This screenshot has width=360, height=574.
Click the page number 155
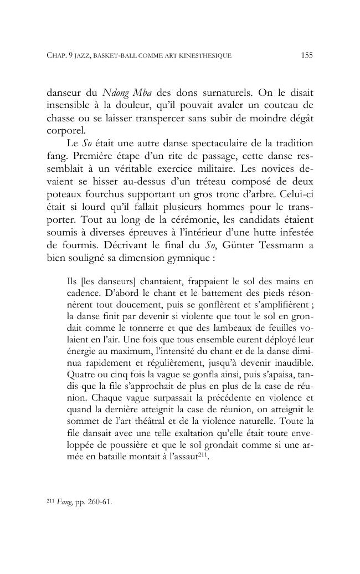[307, 55]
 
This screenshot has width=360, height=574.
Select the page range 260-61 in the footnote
[99, 503]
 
